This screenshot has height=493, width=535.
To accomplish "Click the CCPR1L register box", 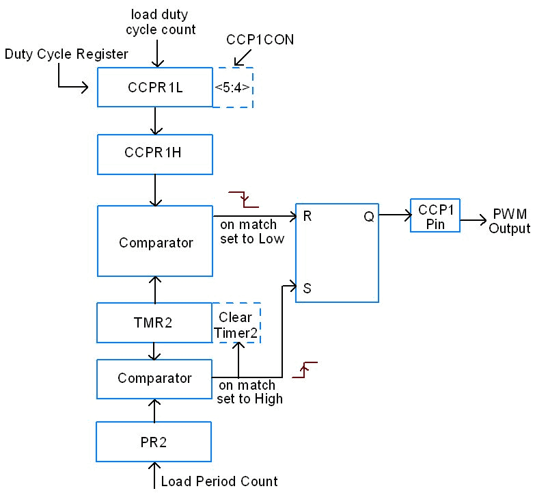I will (155, 88).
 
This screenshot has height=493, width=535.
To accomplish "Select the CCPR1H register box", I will (155, 154).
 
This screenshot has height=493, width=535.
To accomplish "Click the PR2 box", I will (154, 442).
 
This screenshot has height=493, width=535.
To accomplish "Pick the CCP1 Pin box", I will (435, 215).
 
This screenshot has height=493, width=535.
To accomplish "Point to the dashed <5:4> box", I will (233, 88).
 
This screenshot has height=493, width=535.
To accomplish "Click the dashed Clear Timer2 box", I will (236, 324).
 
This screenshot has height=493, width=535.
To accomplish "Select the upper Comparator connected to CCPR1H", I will (155, 242).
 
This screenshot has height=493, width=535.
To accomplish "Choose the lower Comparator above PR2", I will (154, 378).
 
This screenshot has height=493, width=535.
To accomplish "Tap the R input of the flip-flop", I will (307, 217).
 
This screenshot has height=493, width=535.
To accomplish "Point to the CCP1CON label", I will (260, 40).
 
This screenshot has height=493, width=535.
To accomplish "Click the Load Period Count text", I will (219, 481).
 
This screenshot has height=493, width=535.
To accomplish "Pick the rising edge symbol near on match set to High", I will (305, 369).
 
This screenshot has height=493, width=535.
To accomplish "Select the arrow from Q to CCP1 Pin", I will (394, 215).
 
